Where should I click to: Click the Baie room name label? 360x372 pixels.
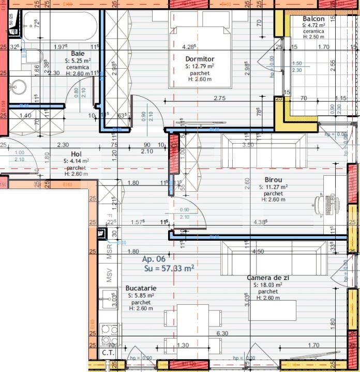click(x=78, y=53)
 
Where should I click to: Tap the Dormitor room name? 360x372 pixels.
click(x=200, y=59)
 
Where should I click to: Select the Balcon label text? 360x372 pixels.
click(x=313, y=19)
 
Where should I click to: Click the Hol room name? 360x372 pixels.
click(x=76, y=154)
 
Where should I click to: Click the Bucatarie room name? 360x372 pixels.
click(x=141, y=288)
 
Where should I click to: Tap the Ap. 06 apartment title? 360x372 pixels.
click(x=154, y=259)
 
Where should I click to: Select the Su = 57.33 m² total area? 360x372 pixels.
click(x=169, y=268)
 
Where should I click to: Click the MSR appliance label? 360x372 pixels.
click(x=109, y=252)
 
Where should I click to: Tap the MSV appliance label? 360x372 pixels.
click(x=109, y=275)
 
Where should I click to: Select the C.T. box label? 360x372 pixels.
click(x=108, y=353)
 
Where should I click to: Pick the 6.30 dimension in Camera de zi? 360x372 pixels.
click(x=222, y=333)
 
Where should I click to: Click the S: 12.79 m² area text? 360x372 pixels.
click(x=200, y=66)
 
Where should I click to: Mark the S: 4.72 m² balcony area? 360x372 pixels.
click(x=314, y=25)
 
